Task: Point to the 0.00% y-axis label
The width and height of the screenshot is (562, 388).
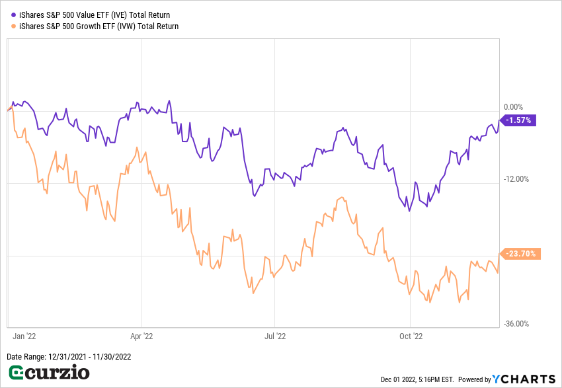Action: pyautogui.click(x=513, y=107)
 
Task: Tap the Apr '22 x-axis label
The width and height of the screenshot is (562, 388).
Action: pyautogui.click(x=141, y=336)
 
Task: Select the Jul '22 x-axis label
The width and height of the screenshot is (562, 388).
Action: pyautogui.click(x=274, y=336)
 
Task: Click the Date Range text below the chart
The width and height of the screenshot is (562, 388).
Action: pyautogui.click(x=69, y=357)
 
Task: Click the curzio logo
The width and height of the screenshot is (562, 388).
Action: pyautogui.click(x=48, y=373)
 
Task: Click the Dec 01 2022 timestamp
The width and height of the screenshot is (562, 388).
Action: pyautogui.click(x=417, y=379)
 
